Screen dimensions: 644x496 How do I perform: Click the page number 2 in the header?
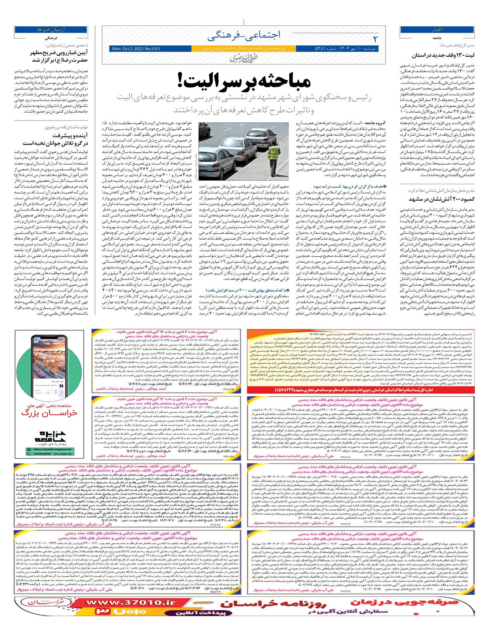pyautogui.click(x=375, y=39)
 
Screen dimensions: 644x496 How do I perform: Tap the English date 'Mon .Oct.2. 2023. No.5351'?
pyautogui.click(x=136, y=49)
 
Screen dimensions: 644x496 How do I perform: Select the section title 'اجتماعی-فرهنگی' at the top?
pyautogui.click(x=244, y=36)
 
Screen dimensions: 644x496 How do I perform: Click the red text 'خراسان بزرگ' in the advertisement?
pyautogui.click(x=49, y=412)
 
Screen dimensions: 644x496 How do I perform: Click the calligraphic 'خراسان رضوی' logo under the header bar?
pyautogui.click(x=243, y=58)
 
